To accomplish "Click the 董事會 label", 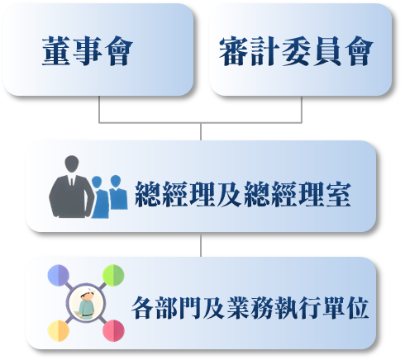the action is point(88,51).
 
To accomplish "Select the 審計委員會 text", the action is point(296,51).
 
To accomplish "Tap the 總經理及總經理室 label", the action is point(243,194).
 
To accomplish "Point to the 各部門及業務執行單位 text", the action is point(250,308).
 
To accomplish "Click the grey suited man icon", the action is point(72,187).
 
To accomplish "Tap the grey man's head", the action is point(72,163).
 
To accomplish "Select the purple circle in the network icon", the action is point(59,275).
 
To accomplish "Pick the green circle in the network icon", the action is point(113,275).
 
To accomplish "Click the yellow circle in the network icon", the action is point(59,330).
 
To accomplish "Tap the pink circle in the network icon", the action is point(113,330).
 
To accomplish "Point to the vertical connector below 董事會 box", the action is point(99,109).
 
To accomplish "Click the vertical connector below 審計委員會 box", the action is point(302,109).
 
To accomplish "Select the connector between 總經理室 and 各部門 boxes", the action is point(201,245).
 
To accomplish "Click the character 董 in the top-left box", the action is point(56,51).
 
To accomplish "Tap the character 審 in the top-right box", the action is point(233,51).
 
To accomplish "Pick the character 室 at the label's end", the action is point(338,194).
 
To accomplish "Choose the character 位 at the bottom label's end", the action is point(357,308).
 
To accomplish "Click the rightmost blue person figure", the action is point(118,192).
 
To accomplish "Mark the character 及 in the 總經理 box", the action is point(229,194).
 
